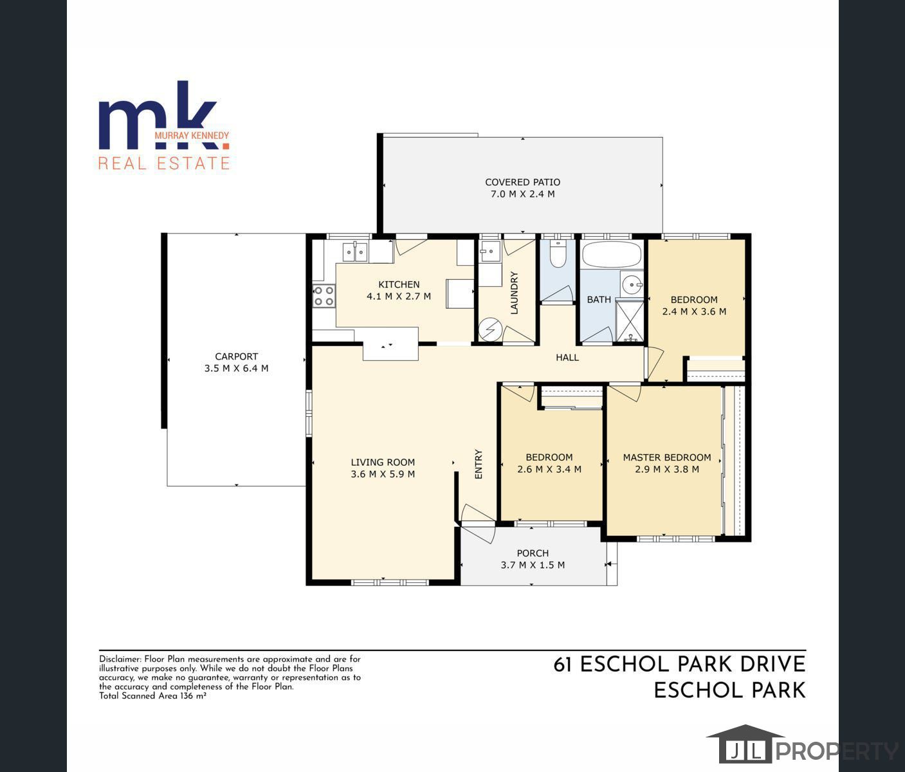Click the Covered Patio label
(x=522, y=182)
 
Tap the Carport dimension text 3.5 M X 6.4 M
(x=237, y=368)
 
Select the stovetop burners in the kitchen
(x=324, y=295)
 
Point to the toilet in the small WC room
(x=558, y=253)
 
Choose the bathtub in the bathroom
(x=612, y=253)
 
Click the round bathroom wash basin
(x=632, y=285)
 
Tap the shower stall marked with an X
(x=630, y=321)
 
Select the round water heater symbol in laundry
(x=490, y=329)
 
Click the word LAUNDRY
(x=515, y=293)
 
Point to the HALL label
(x=567, y=357)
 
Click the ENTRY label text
(x=479, y=464)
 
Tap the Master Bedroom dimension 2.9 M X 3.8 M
(x=667, y=470)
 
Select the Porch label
(x=533, y=553)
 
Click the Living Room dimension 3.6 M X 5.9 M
(x=383, y=473)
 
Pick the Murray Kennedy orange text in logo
(x=192, y=135)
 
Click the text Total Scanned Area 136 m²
(x=153, y=696)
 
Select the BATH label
(x=599, y=300)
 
